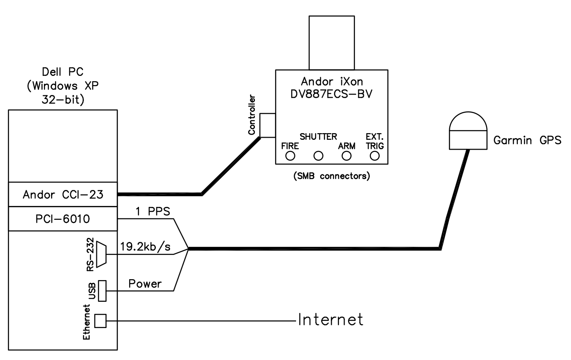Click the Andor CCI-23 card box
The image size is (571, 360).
[63, 194]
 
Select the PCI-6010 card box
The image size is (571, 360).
[63, 218]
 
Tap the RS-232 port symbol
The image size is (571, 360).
[101, 254]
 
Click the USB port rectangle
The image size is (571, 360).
[102, 291]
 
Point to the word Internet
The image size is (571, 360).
[331, 320]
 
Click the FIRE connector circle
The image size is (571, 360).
[290, 155]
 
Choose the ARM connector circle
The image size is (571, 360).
[347, 155]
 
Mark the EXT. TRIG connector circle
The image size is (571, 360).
[375, 155]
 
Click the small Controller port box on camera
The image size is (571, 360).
[268, 125]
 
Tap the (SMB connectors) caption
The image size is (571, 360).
[332, 176]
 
